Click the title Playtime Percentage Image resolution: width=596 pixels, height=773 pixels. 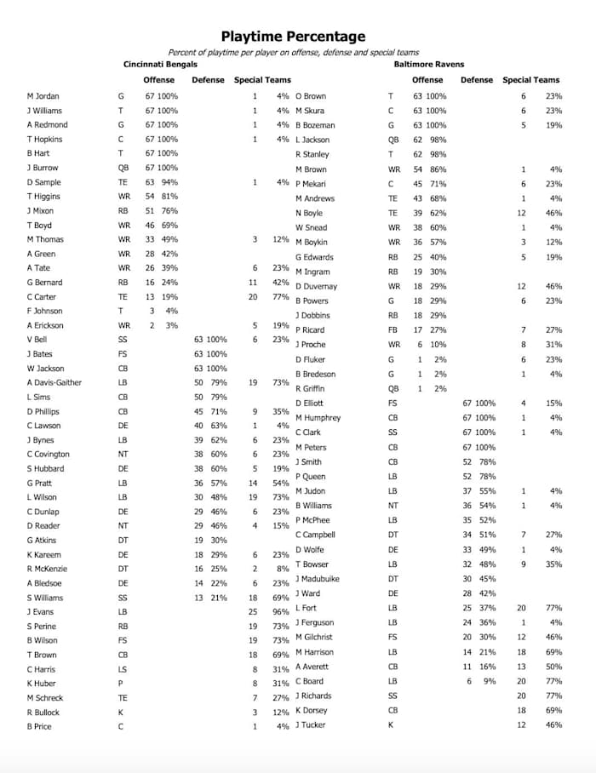pos(293,36)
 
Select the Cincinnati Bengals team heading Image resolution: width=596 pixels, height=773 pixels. pos(160,65)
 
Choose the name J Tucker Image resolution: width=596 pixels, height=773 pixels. pos(310,724)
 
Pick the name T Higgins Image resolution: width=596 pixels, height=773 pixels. pos(44,197)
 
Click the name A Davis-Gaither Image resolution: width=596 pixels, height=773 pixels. pos(54,382)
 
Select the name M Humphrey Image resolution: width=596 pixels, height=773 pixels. pos(318,418)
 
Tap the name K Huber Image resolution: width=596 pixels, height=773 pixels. pos(42,683)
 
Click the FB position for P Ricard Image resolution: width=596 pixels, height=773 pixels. pos(393,329)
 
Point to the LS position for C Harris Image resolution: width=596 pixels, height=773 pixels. pos(123,668)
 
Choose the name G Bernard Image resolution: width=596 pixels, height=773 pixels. pos(43,282)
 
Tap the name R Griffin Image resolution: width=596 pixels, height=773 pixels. pos(310,388)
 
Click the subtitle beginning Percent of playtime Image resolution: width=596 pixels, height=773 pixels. pos(293,52)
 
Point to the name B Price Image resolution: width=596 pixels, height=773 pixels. pos(39,726)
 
